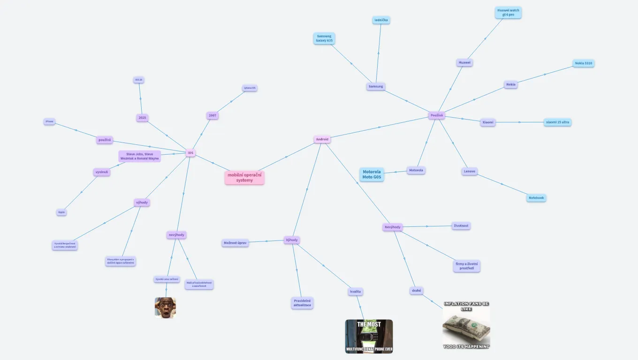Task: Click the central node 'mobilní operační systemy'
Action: coord(244,178)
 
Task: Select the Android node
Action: coord(322,139)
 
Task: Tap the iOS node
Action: coord(190,153)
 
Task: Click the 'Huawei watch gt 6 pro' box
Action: coord(508,13)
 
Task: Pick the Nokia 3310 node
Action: coord(583,63)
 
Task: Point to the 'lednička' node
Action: coord(381,20)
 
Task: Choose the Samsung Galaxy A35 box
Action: coord(324,38)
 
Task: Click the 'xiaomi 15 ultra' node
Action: coord(557,122)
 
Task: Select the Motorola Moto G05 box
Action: coord(372,174)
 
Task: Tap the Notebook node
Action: coord(536,198)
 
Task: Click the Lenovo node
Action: coord(470,172)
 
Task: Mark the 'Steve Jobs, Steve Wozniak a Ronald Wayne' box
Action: coord(140,156)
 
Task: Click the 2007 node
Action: coord(213,115)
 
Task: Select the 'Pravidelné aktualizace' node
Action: coord(302,303)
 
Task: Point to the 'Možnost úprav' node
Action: coord(235,243)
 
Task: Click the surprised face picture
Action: coord(165,307)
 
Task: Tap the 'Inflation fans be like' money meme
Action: coord(466,325)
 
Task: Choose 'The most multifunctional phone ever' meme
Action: coord(369,336)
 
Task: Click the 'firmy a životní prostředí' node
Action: coord(467,266)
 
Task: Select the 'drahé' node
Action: coord(417,291)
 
